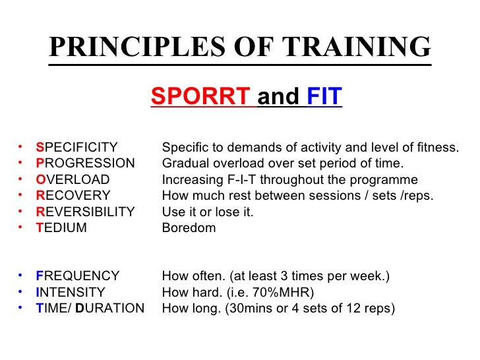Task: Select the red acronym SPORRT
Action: (201, 98)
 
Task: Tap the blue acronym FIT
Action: (324, 98)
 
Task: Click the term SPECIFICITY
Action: (76, 147)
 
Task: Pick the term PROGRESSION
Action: (85, 163)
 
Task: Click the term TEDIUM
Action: (61, 228)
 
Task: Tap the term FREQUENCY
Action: (78, 276)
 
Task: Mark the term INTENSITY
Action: (71, 292)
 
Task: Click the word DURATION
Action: (110, 308)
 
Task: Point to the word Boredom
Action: (189, 228)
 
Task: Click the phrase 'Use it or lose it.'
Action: (208, 212)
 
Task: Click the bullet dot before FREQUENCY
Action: (22, 276)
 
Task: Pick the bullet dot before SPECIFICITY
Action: (22, 147)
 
